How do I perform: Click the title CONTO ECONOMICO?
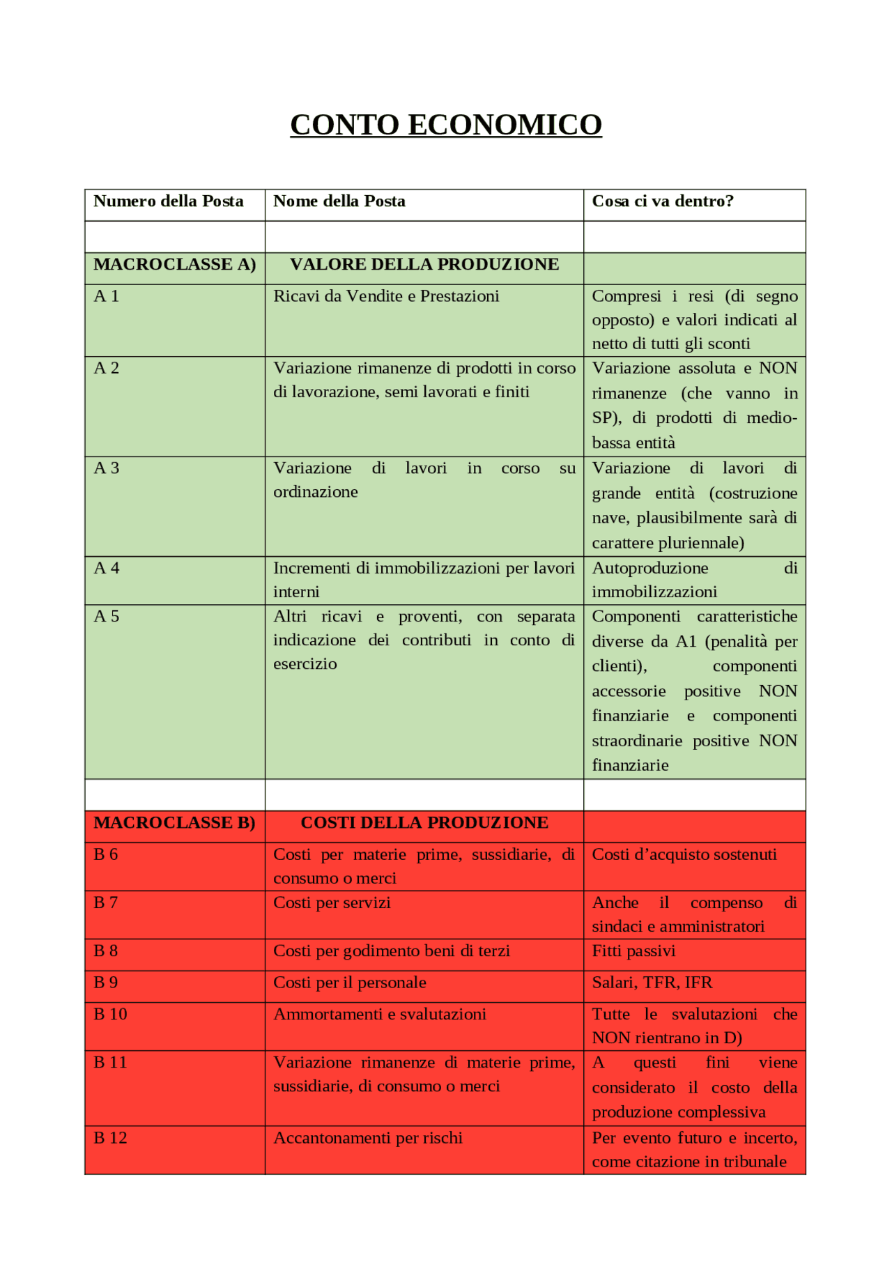pos(446,125)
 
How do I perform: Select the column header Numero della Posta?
pos(169,201)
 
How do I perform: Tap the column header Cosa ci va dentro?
pos(663,201)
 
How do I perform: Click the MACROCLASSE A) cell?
pos(175,265)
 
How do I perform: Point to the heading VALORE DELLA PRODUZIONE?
pos(424,265)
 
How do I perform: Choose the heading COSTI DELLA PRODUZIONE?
pos(424,823)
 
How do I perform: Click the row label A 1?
pos(107,296)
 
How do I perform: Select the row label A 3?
pos(107,468)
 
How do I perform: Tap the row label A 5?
pos(107,617)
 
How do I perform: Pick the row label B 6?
pos(106,855)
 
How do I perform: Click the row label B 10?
pos(110,1015)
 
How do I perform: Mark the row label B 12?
pos(110,1138)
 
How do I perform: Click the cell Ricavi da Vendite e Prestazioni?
pos(386,296)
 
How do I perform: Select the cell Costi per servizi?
pos(332,903)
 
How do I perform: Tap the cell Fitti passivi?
pos(633,951)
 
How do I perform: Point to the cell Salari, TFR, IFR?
pos(652,983)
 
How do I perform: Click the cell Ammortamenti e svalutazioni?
pos(380,1015)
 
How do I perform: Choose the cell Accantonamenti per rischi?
pos(368,1138)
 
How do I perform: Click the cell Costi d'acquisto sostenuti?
pos(684,855)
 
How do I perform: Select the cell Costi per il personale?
pos(350,983)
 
